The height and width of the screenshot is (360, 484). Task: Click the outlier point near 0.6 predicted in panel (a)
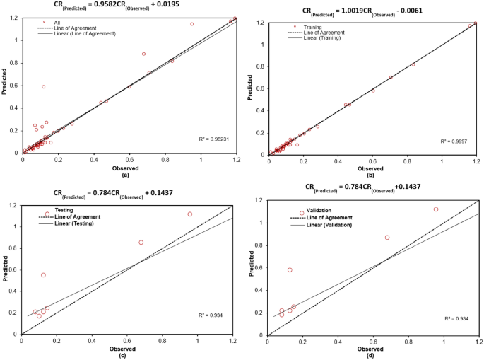(x=44, y=87)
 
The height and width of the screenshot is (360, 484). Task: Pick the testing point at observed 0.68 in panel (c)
(x=141, y=243)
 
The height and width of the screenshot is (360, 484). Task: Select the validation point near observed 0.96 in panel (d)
(x=436, y=209)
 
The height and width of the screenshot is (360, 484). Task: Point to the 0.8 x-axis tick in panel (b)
(x=407, y=161)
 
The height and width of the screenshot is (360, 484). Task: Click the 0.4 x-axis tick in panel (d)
(x=338, y=339)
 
